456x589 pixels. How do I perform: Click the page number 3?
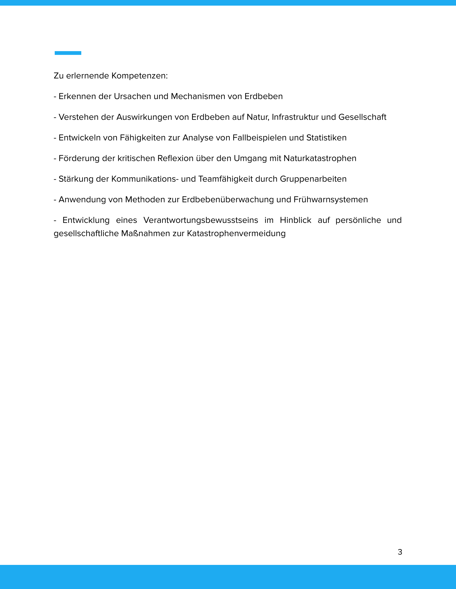(400, 552)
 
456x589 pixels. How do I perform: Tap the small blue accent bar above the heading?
(68, 53)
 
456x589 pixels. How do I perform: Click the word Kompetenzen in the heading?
(139, 76)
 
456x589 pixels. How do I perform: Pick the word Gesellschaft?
(362, 117)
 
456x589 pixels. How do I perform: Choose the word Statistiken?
(326, 138)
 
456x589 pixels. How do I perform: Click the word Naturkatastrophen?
(320, 158)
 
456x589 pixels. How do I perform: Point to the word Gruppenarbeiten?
(313, 179)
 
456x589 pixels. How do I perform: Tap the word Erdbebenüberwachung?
(228, 199)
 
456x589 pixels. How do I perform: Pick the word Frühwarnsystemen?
(331, 199)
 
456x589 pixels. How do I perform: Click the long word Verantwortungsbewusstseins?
(201, 220)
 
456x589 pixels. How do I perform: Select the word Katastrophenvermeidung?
(236, 233)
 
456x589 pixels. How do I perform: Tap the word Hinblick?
(296, 220)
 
